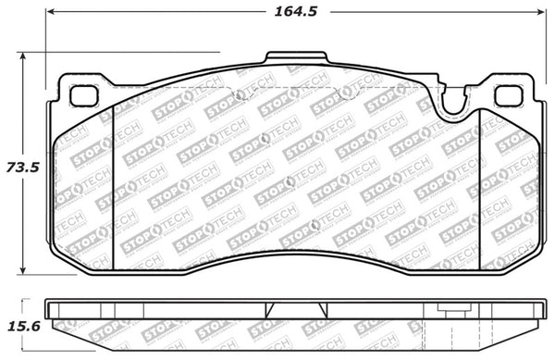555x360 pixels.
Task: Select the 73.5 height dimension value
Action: [x=21, y=168]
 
